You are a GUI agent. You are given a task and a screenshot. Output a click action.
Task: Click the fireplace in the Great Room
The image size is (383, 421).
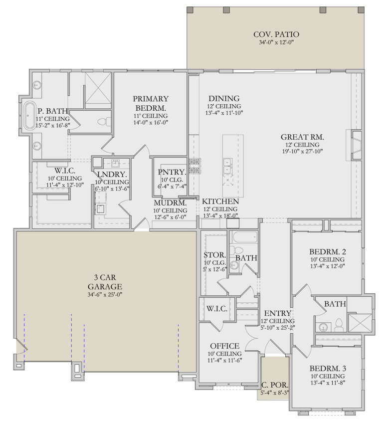pyautogui.click(x=356, y=145)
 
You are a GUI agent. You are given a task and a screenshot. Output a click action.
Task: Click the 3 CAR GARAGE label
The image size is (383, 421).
pyautogui.click(x=105, y=282)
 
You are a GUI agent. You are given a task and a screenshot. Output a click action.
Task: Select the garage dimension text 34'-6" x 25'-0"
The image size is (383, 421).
pyautogui.click(x=105, y=295)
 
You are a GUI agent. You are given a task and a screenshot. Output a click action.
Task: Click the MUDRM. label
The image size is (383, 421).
pyautogui.click(x=171, y=203)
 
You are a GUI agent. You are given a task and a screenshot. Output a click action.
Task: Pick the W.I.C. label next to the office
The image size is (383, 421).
pyautogui.click(x=217, y=309)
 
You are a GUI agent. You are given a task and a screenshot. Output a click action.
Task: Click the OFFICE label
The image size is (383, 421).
pyautogui.click(x=224, y=346)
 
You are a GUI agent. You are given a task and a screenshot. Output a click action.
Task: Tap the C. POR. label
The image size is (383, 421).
pyautogui.click(x=273, y=385)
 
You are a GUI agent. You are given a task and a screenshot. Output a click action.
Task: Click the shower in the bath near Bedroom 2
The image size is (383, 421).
pyautogui.click(x=359, y=322)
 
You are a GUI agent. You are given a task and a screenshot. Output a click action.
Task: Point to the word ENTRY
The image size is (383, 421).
pyautogui.click(x=273, y=313)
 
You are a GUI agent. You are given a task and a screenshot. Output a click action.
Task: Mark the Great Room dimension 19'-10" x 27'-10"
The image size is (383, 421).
pyautogui.click(x=303, y=152)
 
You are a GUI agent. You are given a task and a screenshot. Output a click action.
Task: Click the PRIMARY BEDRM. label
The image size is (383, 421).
pyautogui.click(x=150, y=103)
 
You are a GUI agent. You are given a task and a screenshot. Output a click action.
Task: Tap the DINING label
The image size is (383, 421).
pyautogui.click(x=224, y=99)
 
